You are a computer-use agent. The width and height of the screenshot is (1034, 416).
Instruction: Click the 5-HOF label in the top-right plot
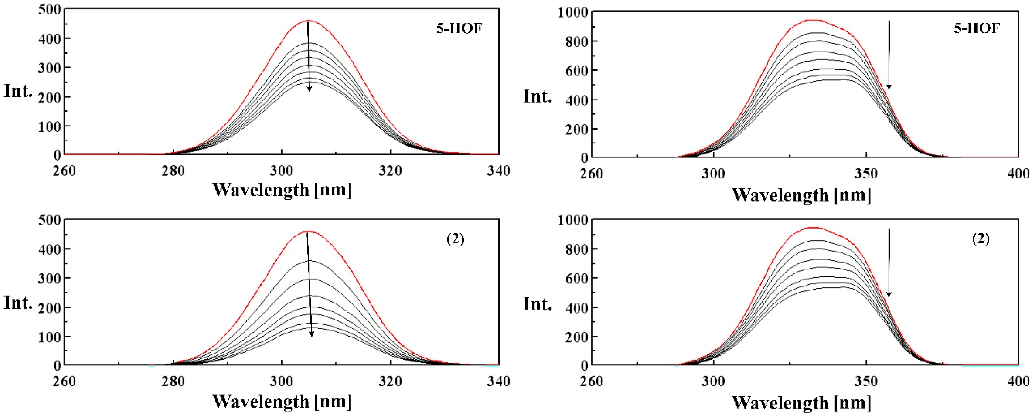click(x=976, y=29)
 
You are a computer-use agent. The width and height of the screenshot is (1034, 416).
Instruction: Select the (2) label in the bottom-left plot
click(x=455, y=239)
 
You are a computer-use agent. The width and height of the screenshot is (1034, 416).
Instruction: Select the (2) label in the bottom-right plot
click(x=981, y=239)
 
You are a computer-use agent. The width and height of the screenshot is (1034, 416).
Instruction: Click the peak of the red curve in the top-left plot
click(x=308, y=20)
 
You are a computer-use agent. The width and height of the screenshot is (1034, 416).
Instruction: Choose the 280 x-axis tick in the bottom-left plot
click(x=173, y=381)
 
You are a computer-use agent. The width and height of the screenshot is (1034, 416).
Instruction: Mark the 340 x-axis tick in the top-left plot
click(x=498, y=171)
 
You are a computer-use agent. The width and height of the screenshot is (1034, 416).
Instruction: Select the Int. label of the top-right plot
click(x=538, y=96)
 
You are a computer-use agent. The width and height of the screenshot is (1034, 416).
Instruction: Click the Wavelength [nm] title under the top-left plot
click(x=282, y=189)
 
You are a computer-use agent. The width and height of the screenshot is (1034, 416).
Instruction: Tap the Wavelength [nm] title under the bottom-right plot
click(x=802, y=403)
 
